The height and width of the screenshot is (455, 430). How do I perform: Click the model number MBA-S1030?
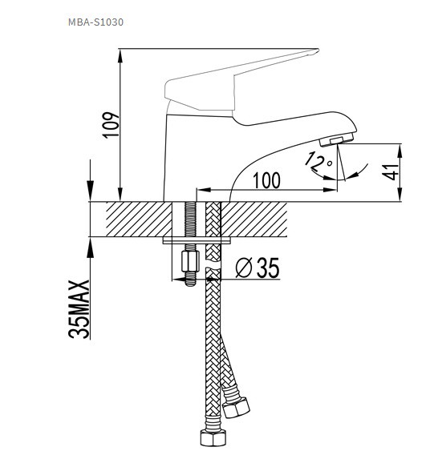(x=95, y=22)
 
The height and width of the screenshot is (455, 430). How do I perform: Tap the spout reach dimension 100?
(x=266, y=181)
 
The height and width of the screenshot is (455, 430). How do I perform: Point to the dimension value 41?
(x=391, y=172)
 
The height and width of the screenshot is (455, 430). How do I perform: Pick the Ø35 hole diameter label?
(x=257, y=269)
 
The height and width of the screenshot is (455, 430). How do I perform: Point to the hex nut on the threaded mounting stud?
(x=190, y=261)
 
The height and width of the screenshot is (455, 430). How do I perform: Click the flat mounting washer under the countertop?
(x=197, y=239)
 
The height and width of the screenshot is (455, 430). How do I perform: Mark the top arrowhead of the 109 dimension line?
(x=120, y=54)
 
